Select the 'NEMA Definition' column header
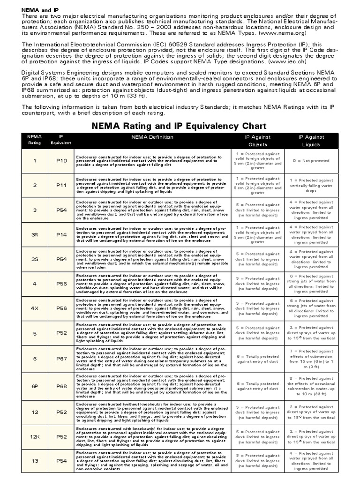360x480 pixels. click(152, 137)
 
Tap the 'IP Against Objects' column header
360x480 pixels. click(258, 141)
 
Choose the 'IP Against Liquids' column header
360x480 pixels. click(311, 141)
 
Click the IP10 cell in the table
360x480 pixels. click(61, 161)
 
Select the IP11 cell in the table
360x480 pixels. click(61, 185)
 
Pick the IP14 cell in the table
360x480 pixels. click(61, 234)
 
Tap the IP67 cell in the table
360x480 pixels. click(61, 358)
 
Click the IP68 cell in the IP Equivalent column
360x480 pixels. click(61, 386)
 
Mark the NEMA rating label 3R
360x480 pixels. click(34, 234)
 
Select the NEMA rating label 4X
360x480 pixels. click(34, 308)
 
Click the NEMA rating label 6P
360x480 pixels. click(34, 386)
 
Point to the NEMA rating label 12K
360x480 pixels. click(34, 436)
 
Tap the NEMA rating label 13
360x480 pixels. click(34, 461)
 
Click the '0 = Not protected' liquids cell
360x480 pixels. click(311, 161)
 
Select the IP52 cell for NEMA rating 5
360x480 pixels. click(61, 333)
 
